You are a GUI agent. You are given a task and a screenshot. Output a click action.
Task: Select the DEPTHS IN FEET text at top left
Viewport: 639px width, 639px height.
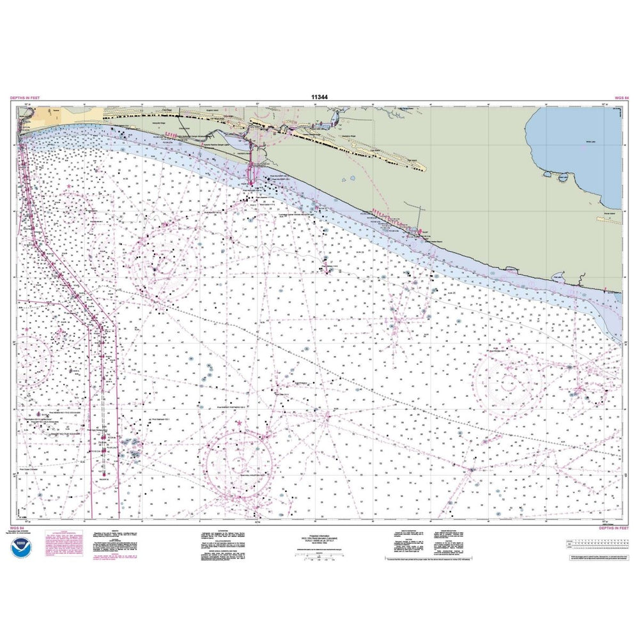click(x=25, y=97)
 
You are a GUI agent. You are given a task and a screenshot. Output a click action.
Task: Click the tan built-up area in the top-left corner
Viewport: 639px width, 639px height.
click(x=38, y=115)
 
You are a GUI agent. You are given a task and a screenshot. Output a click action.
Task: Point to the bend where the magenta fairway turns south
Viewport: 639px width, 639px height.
click(x=101, y=328)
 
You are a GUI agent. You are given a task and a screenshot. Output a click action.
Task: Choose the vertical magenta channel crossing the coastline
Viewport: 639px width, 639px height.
click(x=250, y=163)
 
